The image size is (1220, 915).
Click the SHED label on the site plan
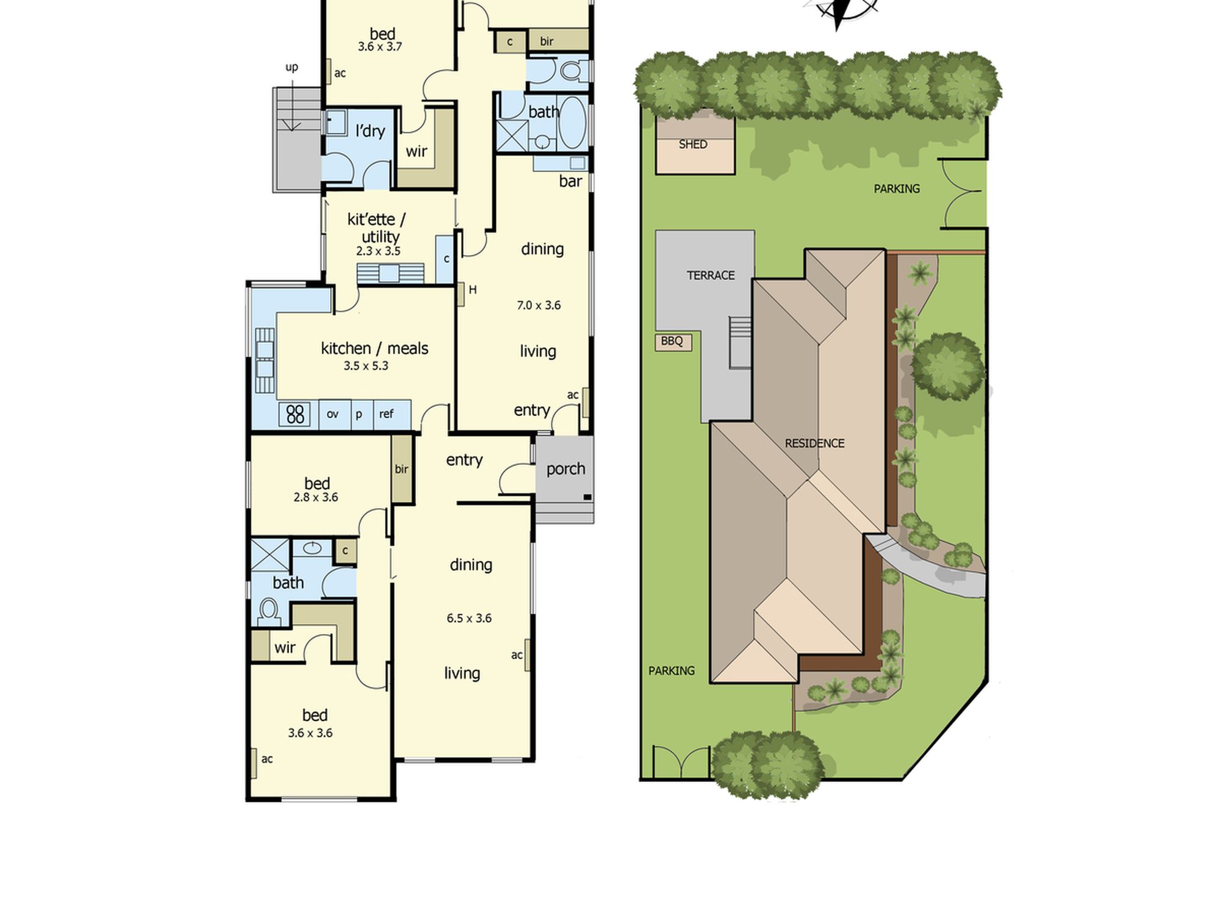(693, 145)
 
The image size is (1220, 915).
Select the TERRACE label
(711, 276)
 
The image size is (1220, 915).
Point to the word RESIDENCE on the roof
(814, 443)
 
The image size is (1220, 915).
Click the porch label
(565, 469)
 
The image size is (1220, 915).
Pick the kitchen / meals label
(375, 348)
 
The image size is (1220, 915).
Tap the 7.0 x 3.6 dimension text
(539, 305)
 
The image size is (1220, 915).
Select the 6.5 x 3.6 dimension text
(469, 618)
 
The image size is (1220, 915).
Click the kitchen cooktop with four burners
(295, 414)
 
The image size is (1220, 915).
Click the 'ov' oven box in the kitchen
(332, 414)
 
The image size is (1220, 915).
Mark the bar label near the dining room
(570, 181)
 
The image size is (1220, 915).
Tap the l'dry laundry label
(370, 131)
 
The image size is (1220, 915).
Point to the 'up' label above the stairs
(292, 67)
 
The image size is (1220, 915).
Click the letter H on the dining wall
(473, 290)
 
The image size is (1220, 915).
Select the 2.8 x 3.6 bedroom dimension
(316, 497)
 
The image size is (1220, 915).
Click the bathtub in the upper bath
(572, 123)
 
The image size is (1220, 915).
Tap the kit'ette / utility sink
(389, 273)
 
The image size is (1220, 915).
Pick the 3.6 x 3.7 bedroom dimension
(380, 46)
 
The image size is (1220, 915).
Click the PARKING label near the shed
(897, 189)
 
